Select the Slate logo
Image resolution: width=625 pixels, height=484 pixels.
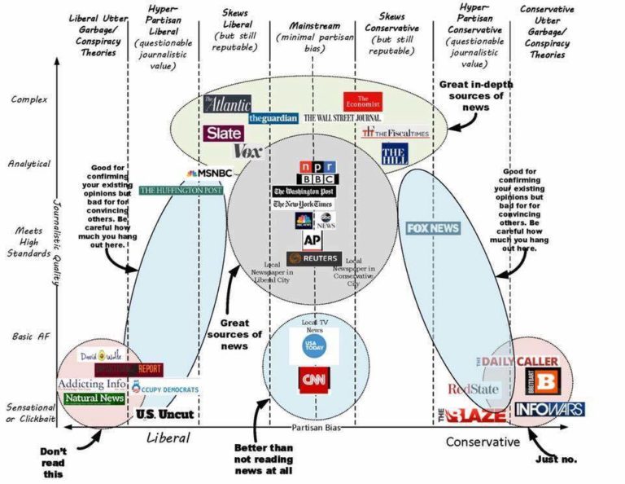[x=223, y=133]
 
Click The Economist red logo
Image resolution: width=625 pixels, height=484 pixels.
[x=362, y=102]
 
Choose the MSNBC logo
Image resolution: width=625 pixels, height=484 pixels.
[x=209, y=174]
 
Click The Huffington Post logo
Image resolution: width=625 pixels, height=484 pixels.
[x=181, y=190]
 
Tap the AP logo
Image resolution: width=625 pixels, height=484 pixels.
[x=312, y=240]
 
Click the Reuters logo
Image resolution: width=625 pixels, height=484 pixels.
[x=313, y=258]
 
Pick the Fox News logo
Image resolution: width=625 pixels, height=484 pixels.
[x=433, y=228]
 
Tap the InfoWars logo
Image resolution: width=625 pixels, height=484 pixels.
[x=550, y=408]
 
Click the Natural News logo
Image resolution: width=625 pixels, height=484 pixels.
[x=94, y=398]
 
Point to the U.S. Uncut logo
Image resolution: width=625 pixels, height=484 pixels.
[x=165, y=414]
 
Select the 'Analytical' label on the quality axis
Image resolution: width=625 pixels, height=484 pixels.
[x=31, y=164]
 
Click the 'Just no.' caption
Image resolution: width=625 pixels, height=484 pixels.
[x=557, y=459]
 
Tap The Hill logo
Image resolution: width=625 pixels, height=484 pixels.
[x=394, y=153]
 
